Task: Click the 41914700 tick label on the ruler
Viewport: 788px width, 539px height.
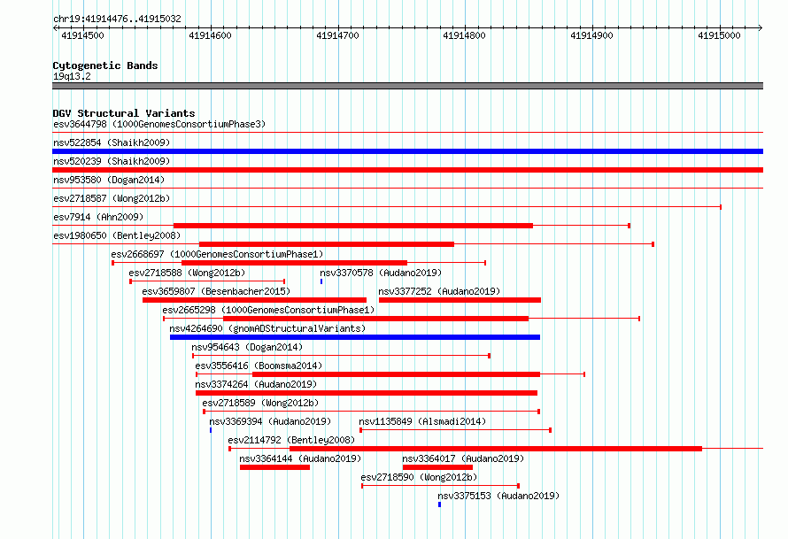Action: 337,35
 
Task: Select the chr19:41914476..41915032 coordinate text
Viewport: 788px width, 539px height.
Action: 117,19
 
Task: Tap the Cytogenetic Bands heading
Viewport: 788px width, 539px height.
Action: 105,65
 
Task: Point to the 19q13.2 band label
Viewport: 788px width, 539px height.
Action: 72,76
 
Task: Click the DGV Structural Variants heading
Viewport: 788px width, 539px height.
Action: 124,113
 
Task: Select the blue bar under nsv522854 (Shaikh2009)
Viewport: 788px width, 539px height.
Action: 407,151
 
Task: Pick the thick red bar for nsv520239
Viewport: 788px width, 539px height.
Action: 407,170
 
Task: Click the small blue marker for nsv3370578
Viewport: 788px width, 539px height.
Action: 321,281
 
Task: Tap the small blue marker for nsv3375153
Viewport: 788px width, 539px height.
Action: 439,504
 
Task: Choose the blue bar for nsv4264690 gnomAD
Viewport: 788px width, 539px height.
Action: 355,337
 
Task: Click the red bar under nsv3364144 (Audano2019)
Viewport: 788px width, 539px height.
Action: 274,467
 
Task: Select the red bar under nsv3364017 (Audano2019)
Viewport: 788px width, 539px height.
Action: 437,467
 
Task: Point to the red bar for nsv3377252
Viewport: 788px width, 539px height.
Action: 460,300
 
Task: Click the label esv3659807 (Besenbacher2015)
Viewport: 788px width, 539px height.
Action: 216,291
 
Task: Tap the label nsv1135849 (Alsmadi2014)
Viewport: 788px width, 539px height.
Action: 422,421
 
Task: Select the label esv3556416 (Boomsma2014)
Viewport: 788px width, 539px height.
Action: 259,366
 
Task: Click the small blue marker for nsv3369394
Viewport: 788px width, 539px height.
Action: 211,430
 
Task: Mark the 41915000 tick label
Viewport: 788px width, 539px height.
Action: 719,35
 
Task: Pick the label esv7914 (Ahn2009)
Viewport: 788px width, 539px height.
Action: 98,217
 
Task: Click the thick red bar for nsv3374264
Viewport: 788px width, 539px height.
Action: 367,393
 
